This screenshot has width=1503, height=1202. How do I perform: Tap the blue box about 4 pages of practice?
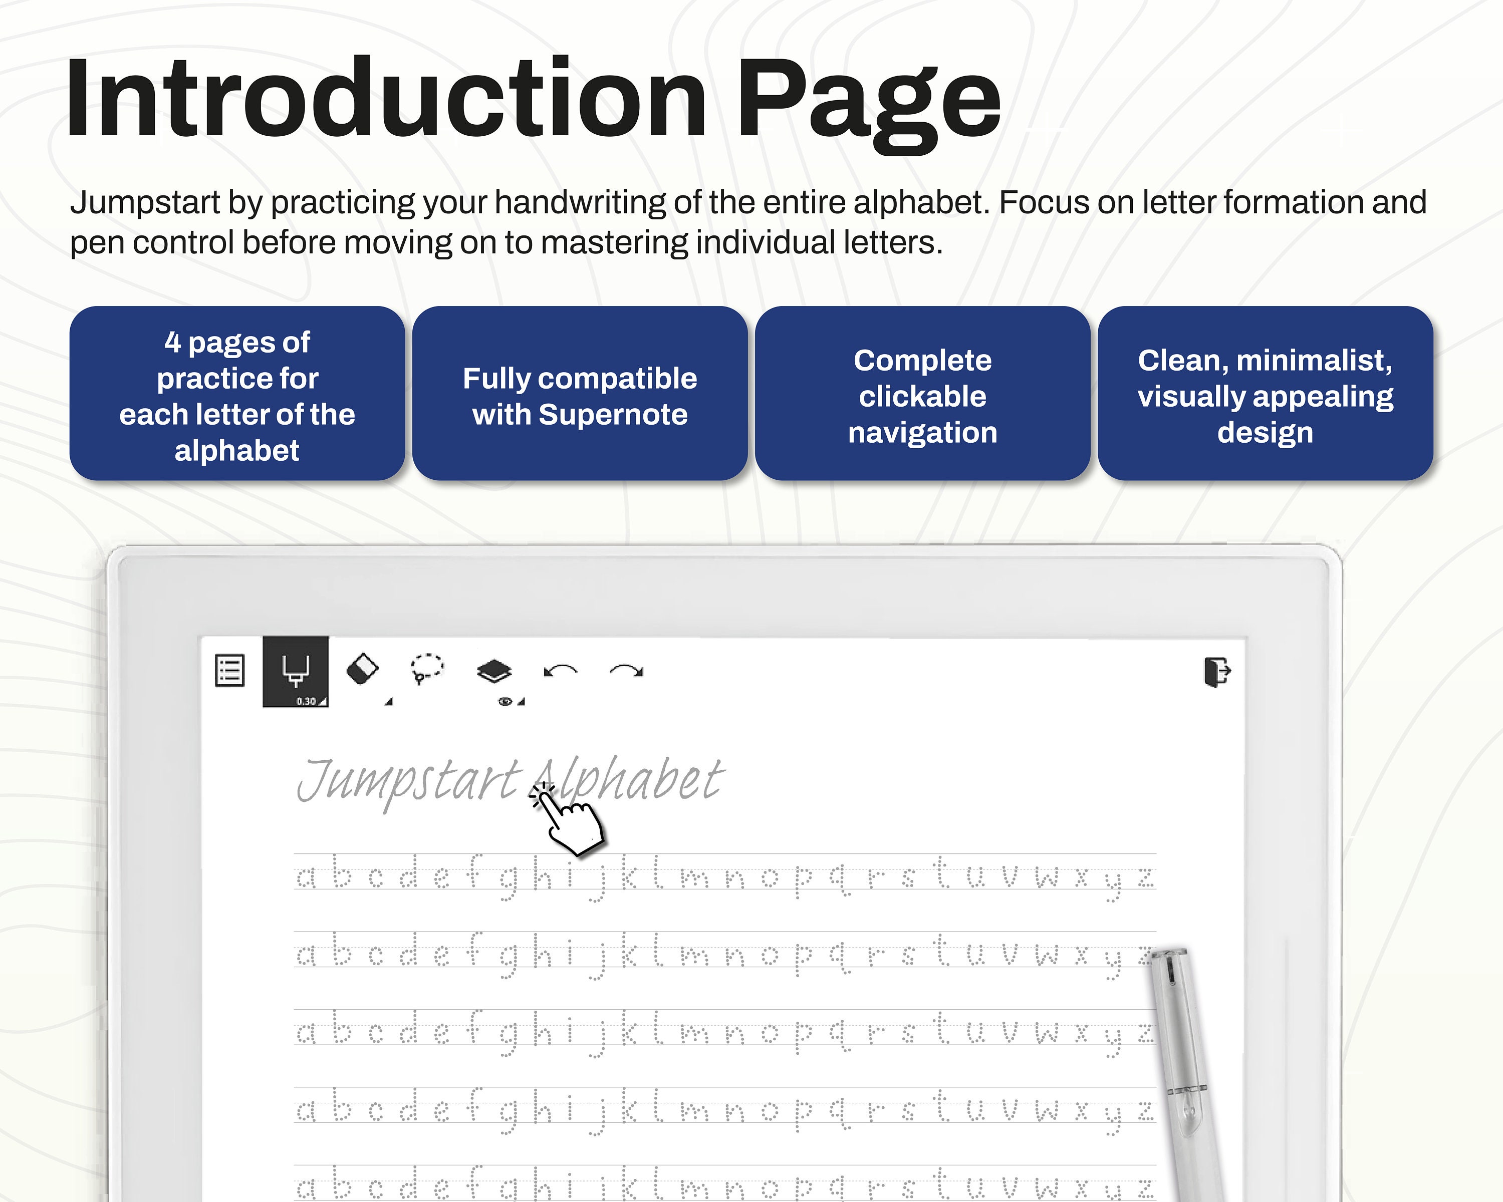(x=237, y=394)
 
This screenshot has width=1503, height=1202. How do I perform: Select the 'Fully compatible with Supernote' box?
(x=580, y=394)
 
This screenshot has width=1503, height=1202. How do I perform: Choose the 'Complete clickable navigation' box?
(x=922, y=394)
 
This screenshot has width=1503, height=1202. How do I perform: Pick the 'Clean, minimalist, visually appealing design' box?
(x=1266, y=394)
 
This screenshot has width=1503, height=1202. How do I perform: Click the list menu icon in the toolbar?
(x=229, y=670)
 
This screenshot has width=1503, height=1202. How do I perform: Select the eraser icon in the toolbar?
(x=363, y=669)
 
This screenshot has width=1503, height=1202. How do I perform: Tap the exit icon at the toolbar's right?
(x=1217, y=672)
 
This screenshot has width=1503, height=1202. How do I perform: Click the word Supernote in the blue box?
(x=613, y=415)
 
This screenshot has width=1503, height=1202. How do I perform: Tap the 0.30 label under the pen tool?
(x=306, y=701)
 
